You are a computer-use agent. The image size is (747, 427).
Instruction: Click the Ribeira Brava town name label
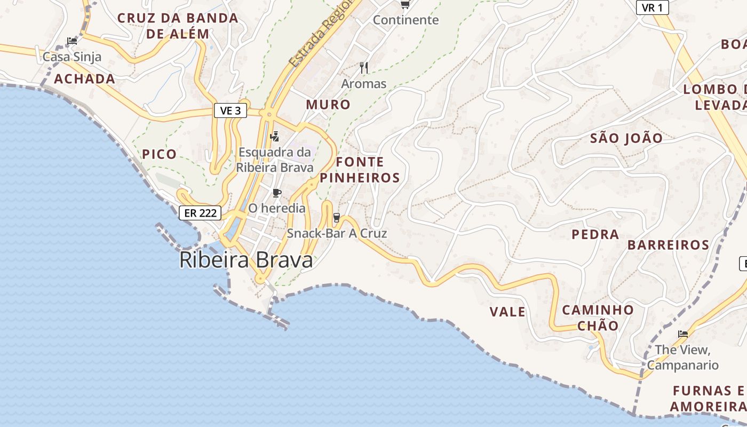pos(246,260)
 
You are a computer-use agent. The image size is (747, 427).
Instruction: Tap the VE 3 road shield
pos(231,110)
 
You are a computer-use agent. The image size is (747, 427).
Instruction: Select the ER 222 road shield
pos(200,213)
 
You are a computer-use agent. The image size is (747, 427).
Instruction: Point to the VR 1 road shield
pos(653,7)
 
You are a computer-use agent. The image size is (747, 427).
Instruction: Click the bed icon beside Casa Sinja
pos(71,41)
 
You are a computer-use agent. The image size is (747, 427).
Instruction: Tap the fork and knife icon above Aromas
pos(364,68)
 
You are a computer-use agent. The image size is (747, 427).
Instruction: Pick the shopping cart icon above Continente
pos(405,5)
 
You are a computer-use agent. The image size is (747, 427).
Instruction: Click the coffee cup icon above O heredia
pos(276,193)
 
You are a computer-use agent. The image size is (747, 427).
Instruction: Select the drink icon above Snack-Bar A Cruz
pos(336,218)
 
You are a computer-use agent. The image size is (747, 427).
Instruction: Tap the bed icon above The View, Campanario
pos(682,334)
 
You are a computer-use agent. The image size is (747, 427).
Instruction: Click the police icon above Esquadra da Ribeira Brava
pos(274,137)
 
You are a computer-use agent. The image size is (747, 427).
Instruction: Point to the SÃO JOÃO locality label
pos(626,138)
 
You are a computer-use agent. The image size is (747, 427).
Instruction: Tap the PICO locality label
pos(159,154)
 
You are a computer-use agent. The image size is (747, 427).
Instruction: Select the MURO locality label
pos(328,105)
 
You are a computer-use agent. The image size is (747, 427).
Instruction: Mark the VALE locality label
pos(507,312)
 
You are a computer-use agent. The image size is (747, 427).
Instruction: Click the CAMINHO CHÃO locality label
pos(598,318)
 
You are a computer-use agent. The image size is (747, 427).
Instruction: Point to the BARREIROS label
pos(668,245)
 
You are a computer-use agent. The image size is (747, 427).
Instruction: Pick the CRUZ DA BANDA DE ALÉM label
pos(178,26)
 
